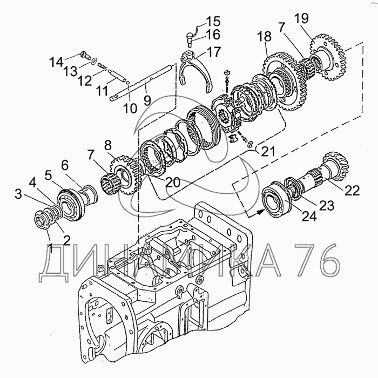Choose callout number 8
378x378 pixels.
107,145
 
